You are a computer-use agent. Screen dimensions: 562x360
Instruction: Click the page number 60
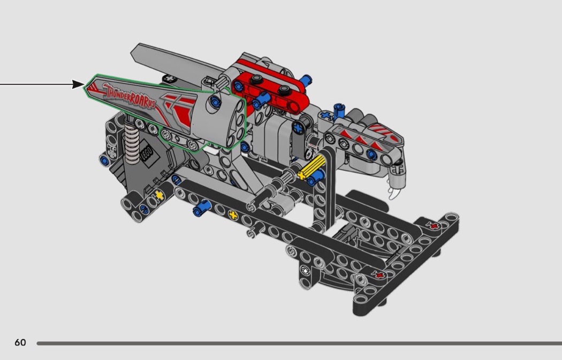point(20,342)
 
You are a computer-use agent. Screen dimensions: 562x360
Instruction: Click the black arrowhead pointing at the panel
point(79,85)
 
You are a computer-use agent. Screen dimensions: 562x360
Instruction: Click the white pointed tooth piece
point(394,193)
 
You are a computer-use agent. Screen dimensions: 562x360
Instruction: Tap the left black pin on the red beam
point(256,80)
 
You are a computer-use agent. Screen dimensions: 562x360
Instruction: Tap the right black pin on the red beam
point(283,89)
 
